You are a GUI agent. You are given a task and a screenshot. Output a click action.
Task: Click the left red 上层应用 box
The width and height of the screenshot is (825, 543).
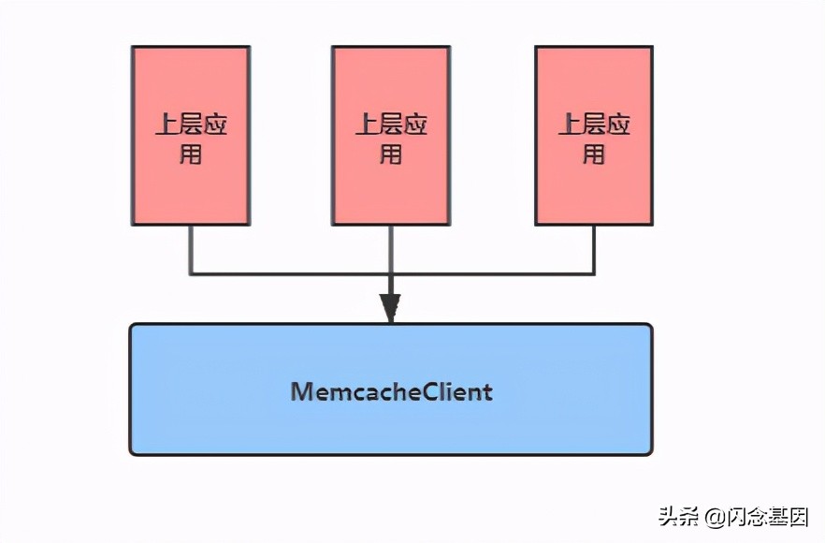tap(191, 136)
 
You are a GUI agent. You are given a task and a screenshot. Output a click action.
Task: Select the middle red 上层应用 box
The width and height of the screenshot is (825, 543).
tap(390, 136)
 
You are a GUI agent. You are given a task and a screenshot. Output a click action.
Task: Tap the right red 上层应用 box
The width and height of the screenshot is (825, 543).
tap(593, 136)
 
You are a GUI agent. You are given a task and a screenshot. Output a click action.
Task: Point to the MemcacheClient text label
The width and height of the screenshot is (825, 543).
tap(392, 390)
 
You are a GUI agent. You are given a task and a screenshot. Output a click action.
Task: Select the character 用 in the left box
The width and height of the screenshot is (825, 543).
tap(191, 154)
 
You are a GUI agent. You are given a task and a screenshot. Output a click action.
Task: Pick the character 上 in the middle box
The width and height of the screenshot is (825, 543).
tap(367, 125)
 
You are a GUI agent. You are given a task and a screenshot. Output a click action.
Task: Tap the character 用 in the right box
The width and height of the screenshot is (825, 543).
tap(593, 154)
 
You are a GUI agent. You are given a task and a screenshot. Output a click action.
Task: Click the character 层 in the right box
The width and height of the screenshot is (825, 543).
tap(594, 125)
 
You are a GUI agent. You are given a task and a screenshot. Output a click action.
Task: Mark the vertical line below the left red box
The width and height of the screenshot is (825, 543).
tap(191, 248)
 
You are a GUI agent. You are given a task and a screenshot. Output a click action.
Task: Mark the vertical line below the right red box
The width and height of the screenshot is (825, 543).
tap(593, 248)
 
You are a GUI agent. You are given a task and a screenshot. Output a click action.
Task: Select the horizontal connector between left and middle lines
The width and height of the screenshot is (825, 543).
tap(290, 273)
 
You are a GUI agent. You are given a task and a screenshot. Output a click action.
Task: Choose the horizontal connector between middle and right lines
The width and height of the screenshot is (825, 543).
tap(491, 273)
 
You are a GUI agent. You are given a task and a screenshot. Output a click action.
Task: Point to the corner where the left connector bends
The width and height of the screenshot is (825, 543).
tap(191, 273)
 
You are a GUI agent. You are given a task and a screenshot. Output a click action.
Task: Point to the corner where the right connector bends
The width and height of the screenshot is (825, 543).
tap(593, 273)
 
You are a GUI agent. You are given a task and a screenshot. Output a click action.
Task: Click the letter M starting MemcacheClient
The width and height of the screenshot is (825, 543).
tap(301, 390)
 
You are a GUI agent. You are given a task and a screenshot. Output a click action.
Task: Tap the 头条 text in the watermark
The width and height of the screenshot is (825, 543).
tap(678, 516)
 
